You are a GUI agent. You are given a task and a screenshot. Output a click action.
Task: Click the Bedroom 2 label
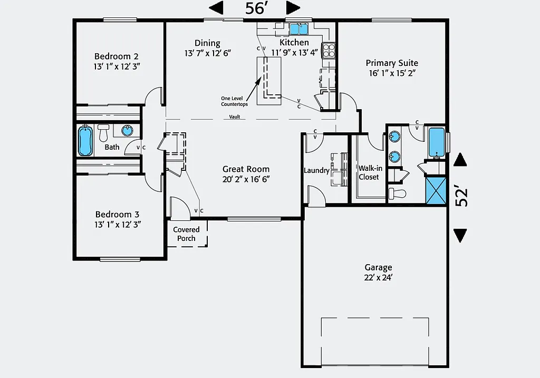tap(117, 56)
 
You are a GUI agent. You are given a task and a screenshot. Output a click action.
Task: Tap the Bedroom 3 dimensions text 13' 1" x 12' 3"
tap(117, 224)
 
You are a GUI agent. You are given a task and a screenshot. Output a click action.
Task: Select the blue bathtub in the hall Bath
tap(85, 141)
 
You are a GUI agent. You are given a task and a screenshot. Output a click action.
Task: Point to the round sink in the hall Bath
tap(128, 130)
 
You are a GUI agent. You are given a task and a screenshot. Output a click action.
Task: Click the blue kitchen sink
tap(299, 29)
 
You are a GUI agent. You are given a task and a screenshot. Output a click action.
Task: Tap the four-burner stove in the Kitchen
tap(329, 51)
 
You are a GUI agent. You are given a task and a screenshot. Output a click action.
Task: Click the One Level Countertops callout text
tap(234, 101)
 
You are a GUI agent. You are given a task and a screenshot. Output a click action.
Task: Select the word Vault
tap(235, 117)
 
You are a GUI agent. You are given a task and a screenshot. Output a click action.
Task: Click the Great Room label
tap(246, 169)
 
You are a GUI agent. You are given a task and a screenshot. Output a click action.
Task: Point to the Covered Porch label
tap(186, 234)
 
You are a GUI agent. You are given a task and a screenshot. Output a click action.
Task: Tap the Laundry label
tap(316, 170)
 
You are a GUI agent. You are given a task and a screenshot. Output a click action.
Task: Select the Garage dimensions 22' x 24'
tap(378, 277)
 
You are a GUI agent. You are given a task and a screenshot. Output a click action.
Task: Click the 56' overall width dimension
tap(255, 8)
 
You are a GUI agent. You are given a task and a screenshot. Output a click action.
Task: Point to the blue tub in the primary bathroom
tap(436, 142)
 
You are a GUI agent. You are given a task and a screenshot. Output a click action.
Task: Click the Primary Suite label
tap(392, 63)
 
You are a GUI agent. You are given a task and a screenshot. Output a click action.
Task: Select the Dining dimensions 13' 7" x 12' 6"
tap(208, 53)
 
